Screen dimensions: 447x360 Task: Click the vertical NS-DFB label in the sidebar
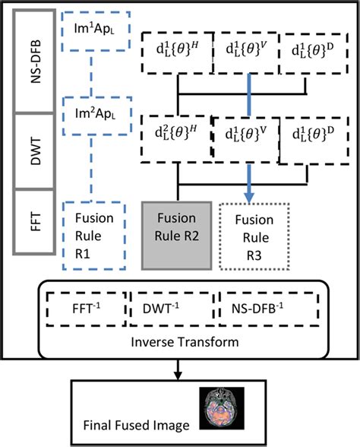[x=30, y=59]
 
